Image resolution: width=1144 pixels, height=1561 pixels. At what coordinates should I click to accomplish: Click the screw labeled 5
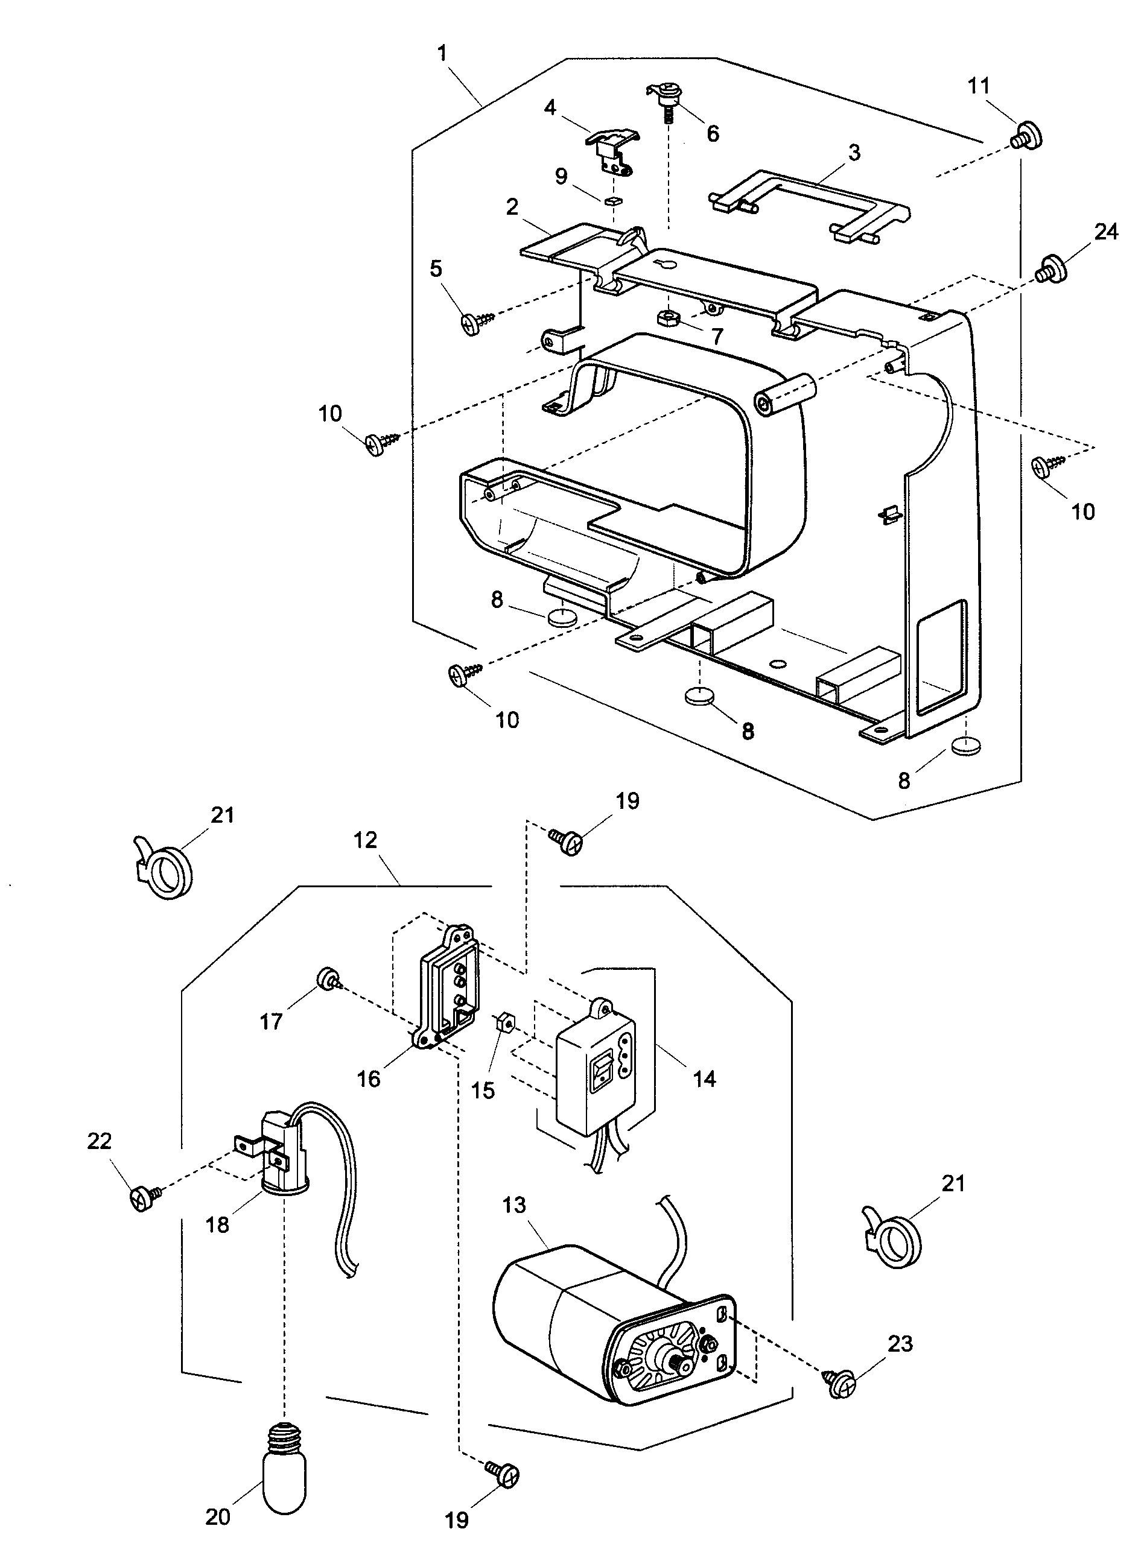tap(477, 322)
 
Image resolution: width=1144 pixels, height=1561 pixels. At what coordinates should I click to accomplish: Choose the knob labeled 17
tap(325, 980)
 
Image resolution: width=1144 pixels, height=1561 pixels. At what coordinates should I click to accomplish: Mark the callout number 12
tap(366, 840)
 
